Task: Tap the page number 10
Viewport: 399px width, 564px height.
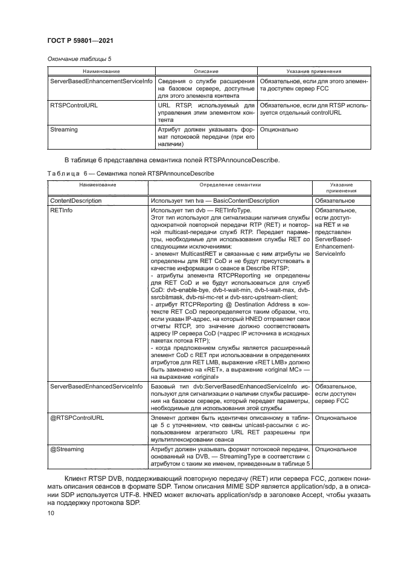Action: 51,514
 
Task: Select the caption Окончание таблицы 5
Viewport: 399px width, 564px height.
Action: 78,59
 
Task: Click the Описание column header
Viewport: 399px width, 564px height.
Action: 206,71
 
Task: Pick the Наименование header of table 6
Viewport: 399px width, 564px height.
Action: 97,185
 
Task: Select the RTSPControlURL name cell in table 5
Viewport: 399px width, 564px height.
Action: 74,105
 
